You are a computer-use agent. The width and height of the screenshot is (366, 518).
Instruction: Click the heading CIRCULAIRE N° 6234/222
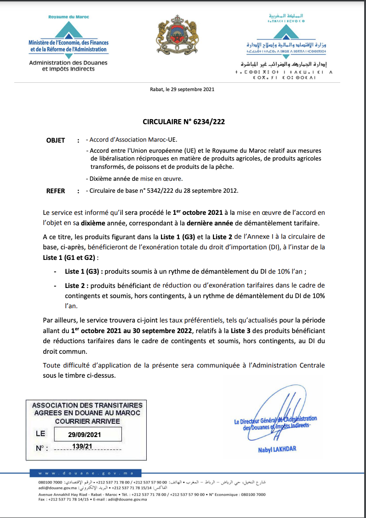tap(183, 122)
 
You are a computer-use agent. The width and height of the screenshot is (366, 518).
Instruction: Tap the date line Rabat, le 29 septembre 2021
tap(182, 90)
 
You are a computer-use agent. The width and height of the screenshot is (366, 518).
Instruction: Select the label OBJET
tap(56, 140)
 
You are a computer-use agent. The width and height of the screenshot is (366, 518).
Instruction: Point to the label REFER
tap(56, 191)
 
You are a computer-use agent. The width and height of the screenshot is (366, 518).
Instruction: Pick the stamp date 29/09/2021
tap(85, 434)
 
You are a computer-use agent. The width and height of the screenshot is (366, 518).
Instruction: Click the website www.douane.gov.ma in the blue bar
tap(86, 473)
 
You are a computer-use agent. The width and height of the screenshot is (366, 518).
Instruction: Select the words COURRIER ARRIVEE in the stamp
tap(87, 420)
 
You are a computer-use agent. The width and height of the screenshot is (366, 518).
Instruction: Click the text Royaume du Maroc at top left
tap(69, 17)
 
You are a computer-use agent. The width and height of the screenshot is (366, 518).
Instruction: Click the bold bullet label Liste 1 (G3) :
tap(84, 271)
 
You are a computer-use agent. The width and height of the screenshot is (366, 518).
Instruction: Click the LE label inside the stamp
tap(40, 433)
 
